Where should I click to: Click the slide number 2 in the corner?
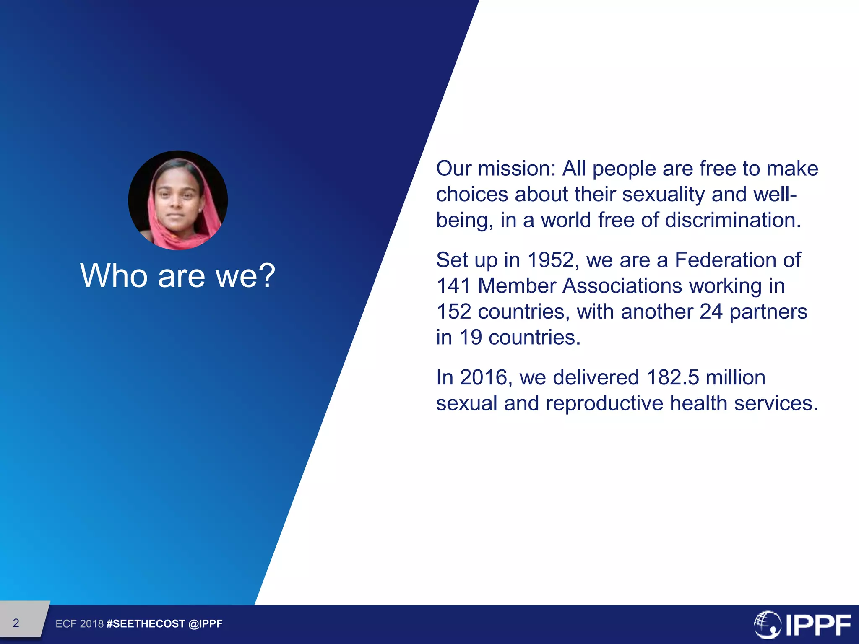pyautogui.click(x=16, y=623)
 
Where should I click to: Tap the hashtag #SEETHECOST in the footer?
pyautogui.click(x=146, y=624)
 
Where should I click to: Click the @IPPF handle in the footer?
pyautogui.click(x=206, y=624)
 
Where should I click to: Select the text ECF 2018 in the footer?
pyautogui.click(x=79, y=624)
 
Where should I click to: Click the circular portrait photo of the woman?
pyautogui.click(x=178, y=200)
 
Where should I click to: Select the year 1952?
pyautogui.click(x=550, y=260)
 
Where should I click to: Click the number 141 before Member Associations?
pyautogui.click(x=453, y=286)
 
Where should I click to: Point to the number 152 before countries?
pyautogui.click(x=453, y=312)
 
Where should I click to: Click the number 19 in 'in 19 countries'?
pyautogui.click(x=471, y=338)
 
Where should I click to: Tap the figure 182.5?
pyautogui.click(x=673, y=377)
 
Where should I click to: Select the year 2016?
pyautogui.click(x=484, y=377)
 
